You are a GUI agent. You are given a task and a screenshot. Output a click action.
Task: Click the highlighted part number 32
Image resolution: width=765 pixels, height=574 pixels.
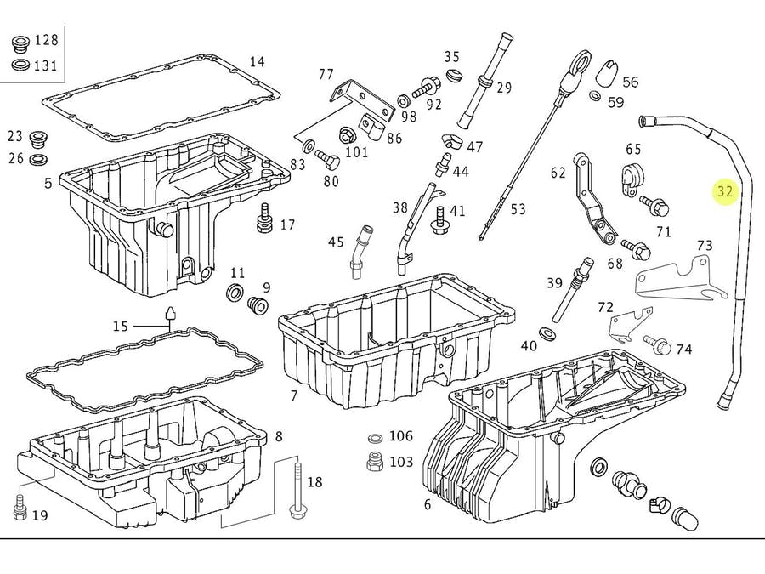pos(725,191)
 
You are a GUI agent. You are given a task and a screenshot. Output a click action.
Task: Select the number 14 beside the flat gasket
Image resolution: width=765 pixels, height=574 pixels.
pos(257,62)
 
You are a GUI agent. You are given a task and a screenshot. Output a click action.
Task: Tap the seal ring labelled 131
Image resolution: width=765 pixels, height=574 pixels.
pos(20,64)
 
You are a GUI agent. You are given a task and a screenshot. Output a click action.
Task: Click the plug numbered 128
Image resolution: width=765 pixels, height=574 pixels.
pos(20,43)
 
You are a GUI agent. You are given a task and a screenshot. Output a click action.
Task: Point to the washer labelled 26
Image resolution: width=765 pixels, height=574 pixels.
pos(38,159)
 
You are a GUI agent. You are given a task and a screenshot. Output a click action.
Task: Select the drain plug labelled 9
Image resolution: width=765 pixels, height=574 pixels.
pos(258,306)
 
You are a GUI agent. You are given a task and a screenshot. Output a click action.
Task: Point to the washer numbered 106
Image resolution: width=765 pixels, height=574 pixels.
pos(375,438)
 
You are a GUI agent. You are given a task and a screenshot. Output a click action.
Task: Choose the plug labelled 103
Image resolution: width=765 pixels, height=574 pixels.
pos(375,461)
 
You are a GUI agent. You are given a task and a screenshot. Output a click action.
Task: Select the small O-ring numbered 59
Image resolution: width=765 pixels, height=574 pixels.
pos(596,95)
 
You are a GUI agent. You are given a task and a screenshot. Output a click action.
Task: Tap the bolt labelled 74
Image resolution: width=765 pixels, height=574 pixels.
pos(657,344)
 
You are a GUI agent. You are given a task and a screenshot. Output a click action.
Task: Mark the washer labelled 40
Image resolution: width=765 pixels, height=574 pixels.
pos(547,334)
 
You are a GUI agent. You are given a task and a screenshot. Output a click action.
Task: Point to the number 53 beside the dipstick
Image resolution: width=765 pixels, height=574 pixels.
pos(518,209)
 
